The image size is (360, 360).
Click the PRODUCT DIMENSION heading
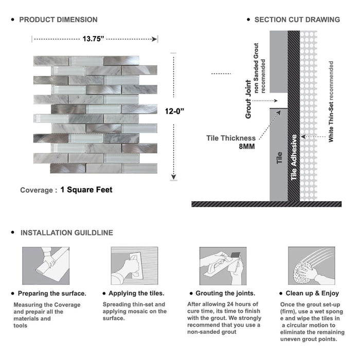click(x=58, y=20)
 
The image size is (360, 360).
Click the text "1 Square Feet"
click(x=86, y=190)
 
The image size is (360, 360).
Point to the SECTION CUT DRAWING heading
click(x=297, y=20)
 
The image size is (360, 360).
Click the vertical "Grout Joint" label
click(x=248, y=99)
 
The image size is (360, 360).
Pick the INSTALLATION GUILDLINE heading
click(x=66, y=232)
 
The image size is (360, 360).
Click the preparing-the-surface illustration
click(x=45, y=266)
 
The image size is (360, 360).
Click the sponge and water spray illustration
click(x=312, y=266)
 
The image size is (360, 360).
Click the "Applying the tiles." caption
click(x=137, y=294)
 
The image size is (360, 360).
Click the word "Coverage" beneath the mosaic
click(x=37, y=190)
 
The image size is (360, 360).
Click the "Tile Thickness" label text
click(x=231, y=138)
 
